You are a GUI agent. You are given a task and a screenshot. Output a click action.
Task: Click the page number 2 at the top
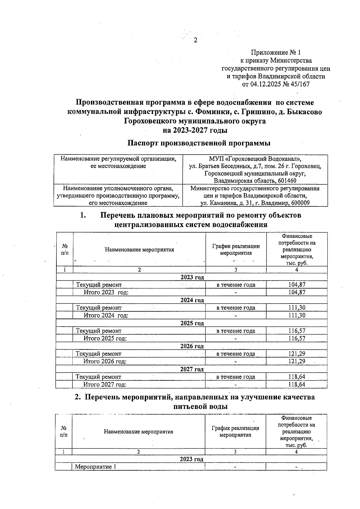[x=195, y=40]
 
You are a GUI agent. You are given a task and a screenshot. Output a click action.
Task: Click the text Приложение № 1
[x=276, y=53]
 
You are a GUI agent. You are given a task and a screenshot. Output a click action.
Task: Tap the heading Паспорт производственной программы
[x=199, y=143]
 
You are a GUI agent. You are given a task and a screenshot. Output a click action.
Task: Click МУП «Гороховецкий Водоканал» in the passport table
[x=255, y=158]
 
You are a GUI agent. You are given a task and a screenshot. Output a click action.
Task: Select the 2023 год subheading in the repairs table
[x=192, y=277]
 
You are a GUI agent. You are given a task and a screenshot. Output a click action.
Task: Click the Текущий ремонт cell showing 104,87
[x=297, y=285]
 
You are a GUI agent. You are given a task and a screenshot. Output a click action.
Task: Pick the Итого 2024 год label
[x=106, y=316]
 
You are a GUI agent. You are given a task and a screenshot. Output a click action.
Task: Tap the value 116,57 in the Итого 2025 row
[x=297, y=338]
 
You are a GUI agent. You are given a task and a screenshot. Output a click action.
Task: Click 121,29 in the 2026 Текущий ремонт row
[x=297, y=354]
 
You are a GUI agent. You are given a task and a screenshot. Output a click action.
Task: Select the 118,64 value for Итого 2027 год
[x=297, y=385]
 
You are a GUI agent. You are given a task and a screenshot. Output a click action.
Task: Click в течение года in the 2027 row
[x=236, y=377]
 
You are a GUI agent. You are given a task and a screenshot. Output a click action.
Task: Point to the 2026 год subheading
[x=192, y=346]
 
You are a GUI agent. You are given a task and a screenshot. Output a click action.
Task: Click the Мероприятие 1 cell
[x=95, y=467]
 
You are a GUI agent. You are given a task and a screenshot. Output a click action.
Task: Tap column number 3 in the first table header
[x=236, y=270]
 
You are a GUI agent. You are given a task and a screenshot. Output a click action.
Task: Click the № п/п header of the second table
[x=64, y=431]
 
